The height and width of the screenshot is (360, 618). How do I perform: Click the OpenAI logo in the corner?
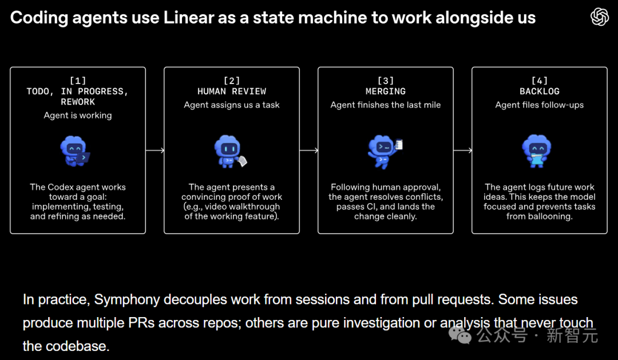599,17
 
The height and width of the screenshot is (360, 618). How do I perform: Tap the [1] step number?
78,81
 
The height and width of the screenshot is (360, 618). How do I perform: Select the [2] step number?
232,81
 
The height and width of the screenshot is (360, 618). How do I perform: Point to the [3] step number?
386,81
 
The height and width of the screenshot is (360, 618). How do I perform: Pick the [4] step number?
540,81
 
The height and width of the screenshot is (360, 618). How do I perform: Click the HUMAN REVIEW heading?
232,92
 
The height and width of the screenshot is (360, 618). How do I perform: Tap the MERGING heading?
386,92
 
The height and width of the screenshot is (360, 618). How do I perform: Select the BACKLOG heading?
540,92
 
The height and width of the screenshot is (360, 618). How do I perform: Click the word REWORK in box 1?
78,102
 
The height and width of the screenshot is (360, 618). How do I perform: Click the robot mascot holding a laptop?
76,151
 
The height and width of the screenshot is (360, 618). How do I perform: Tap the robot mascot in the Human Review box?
229,152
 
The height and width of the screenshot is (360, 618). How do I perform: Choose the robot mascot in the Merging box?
384,151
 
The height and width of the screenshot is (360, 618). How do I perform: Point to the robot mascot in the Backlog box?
537,151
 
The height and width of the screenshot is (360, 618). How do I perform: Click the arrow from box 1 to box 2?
155,151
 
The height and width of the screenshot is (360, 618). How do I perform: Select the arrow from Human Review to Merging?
309,151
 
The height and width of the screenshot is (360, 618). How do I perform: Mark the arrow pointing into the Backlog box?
463,151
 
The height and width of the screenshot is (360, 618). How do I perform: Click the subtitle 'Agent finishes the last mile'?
386,105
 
